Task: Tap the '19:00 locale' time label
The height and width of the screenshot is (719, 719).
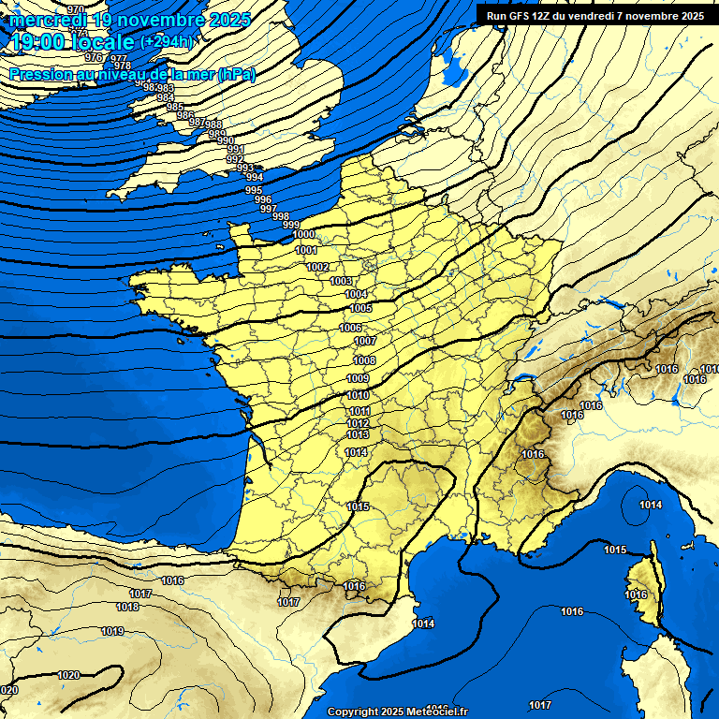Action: coord(72,42)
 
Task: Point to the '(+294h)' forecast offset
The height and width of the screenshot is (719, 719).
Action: coord(168,42)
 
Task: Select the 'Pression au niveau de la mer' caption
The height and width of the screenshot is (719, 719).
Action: coord(132,74)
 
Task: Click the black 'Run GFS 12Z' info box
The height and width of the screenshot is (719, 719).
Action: coord(594,15)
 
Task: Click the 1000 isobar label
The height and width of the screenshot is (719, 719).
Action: coord(304,235)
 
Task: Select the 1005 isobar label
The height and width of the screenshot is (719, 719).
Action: coord(360,309)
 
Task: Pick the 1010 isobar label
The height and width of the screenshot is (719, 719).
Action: coord(358,396)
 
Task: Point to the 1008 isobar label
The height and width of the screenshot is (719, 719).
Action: coord(364,360)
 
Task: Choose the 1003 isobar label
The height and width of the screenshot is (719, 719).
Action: coord(341,281)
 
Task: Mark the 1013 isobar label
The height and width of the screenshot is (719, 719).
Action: coord(358,435)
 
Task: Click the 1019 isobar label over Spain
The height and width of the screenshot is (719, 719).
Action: coord(112,632)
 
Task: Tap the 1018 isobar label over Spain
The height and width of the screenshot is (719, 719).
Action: coord(127,608)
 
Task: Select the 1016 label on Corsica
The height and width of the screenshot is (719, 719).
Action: coord(636,595)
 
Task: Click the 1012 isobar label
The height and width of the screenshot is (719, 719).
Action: coord(358,424)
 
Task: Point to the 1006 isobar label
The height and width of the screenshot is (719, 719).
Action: coord(350,328)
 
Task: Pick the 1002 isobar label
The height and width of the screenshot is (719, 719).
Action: coord(318,268)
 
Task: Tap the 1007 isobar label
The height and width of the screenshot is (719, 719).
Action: coord(365,342)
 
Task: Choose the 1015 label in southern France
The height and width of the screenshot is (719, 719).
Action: coord(358,506)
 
